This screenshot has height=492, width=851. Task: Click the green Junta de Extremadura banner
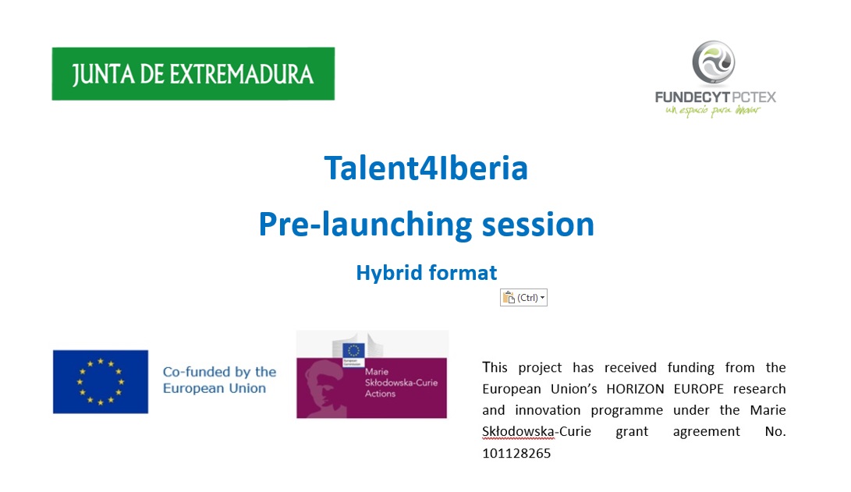pyautogui.click(x=193, y=74)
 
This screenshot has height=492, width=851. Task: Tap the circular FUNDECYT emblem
pyautogui.click(x=713, y=62)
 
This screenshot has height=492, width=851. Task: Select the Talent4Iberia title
pyautogui.click(x=426, y=168)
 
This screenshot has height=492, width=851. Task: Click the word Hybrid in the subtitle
pyautogui.click(x=388, y=272)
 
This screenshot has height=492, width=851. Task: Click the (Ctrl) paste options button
pyautogui.click(x=523, y=297)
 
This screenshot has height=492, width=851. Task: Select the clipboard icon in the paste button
pyautogui.click(x=509, y=297)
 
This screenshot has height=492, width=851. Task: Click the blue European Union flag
pyautogui.click(x=101, y=382)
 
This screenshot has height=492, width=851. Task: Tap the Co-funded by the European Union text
pyautogui.click(x=219, y=380)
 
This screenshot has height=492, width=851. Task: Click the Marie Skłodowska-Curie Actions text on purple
pyautogui.click(x=401, y=382)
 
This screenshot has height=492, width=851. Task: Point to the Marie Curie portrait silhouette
pyautogui.click(x=326, y=386)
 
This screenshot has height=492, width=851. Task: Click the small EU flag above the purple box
pyautogui.click(x=353, y=351)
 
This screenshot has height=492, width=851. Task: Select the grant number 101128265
pyautogui.click(x=516, y=454)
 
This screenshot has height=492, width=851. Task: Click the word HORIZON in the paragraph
pyautogui.click(x=635, y=389)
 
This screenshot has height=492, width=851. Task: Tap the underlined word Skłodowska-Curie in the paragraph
pyautogui.click(x=536, y=432)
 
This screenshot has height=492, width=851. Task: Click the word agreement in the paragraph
pyautogui.click(x=706, y=432)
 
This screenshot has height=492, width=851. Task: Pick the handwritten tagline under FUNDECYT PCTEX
pyautogui.click(x=713, y=110)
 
